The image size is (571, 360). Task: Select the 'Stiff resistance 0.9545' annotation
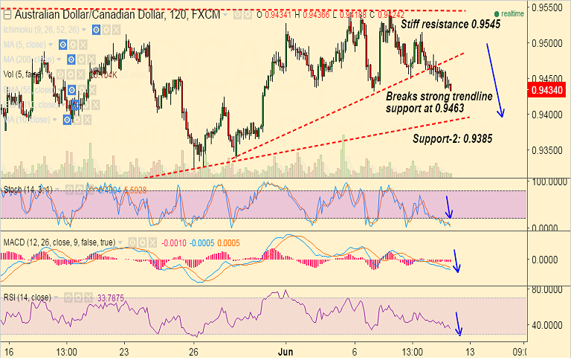coord(451,25)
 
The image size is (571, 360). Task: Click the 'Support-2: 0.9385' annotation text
coord(451,138)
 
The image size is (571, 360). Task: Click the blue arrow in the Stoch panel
coord(449,208)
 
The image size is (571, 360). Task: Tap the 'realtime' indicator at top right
coord(511,13)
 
